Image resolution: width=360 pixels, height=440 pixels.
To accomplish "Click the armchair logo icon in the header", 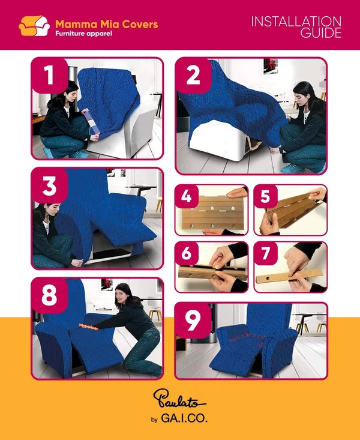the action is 34,26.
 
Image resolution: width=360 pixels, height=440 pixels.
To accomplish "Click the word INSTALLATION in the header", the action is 296,22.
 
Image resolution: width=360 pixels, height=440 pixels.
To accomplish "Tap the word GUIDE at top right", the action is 321,33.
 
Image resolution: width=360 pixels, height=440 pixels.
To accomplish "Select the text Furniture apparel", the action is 83,34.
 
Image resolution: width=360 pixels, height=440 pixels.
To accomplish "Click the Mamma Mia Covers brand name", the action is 107,24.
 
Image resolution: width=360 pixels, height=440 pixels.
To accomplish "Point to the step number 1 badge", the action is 50,75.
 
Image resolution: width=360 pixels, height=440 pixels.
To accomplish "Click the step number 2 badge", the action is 193,75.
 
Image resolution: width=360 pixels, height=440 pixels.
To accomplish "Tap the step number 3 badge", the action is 50,186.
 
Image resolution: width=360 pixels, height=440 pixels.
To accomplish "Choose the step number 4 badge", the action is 187,196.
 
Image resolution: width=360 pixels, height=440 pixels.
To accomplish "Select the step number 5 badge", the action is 265,196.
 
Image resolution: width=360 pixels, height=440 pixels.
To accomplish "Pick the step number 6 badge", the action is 187,253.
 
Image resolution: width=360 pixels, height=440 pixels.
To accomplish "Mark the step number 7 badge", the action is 265,253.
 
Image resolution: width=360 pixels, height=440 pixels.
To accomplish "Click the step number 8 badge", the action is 50,295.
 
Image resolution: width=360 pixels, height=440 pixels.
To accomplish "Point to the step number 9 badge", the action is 193,321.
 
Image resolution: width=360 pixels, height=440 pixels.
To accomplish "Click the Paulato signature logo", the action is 179,398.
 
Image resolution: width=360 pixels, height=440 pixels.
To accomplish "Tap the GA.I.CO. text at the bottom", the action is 184,418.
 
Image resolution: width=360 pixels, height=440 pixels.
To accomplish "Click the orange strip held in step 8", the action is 89,327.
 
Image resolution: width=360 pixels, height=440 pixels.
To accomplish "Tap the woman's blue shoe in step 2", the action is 292,168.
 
